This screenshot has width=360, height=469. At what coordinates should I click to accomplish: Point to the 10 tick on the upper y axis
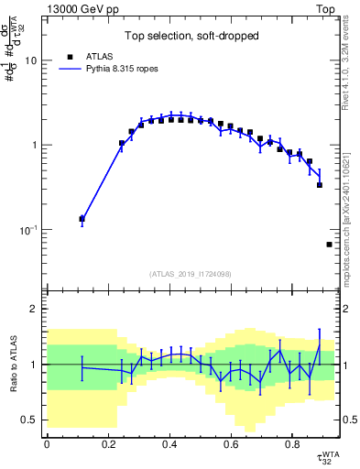(x=31, y=60)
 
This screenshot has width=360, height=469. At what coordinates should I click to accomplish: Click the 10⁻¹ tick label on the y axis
(x=28, y=230)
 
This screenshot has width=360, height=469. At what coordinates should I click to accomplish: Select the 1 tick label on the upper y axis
(x=35, y=146)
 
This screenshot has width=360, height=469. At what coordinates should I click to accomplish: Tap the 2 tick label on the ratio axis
(x=35, y=309)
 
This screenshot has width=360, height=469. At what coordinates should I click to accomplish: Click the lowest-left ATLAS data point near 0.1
(x=82, y=219)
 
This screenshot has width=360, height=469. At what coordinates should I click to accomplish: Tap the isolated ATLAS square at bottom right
(x=329, y=245)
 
